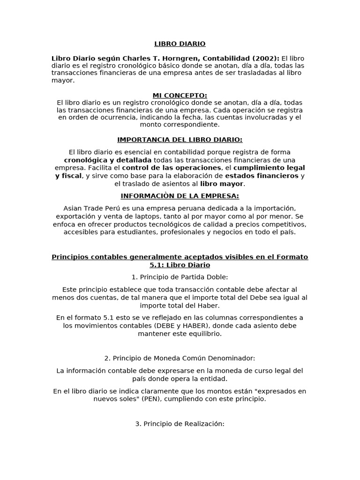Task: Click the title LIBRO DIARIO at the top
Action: (x=180, y=44)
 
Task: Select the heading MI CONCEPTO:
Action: (x=180, y=96)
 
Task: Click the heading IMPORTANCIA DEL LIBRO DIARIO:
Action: (x=180, y=140)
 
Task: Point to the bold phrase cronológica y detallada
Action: (x=108, y=160)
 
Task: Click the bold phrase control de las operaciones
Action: (x=172, y=167)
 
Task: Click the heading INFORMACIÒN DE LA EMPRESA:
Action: (x=180, y=196)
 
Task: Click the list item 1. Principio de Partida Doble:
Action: (x=180, y=277)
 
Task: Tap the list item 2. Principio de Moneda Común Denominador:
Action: (x=180, y=358)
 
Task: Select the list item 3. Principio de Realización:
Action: (x=180, y=424)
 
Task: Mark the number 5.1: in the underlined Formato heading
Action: (x=158, y=265)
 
